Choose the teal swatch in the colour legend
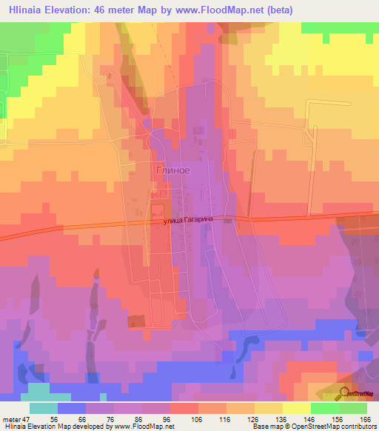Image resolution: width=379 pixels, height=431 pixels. tap(44, 408)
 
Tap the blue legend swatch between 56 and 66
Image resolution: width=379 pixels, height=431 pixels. tap(72, 408)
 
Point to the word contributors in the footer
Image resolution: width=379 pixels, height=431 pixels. tap(358, 427)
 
